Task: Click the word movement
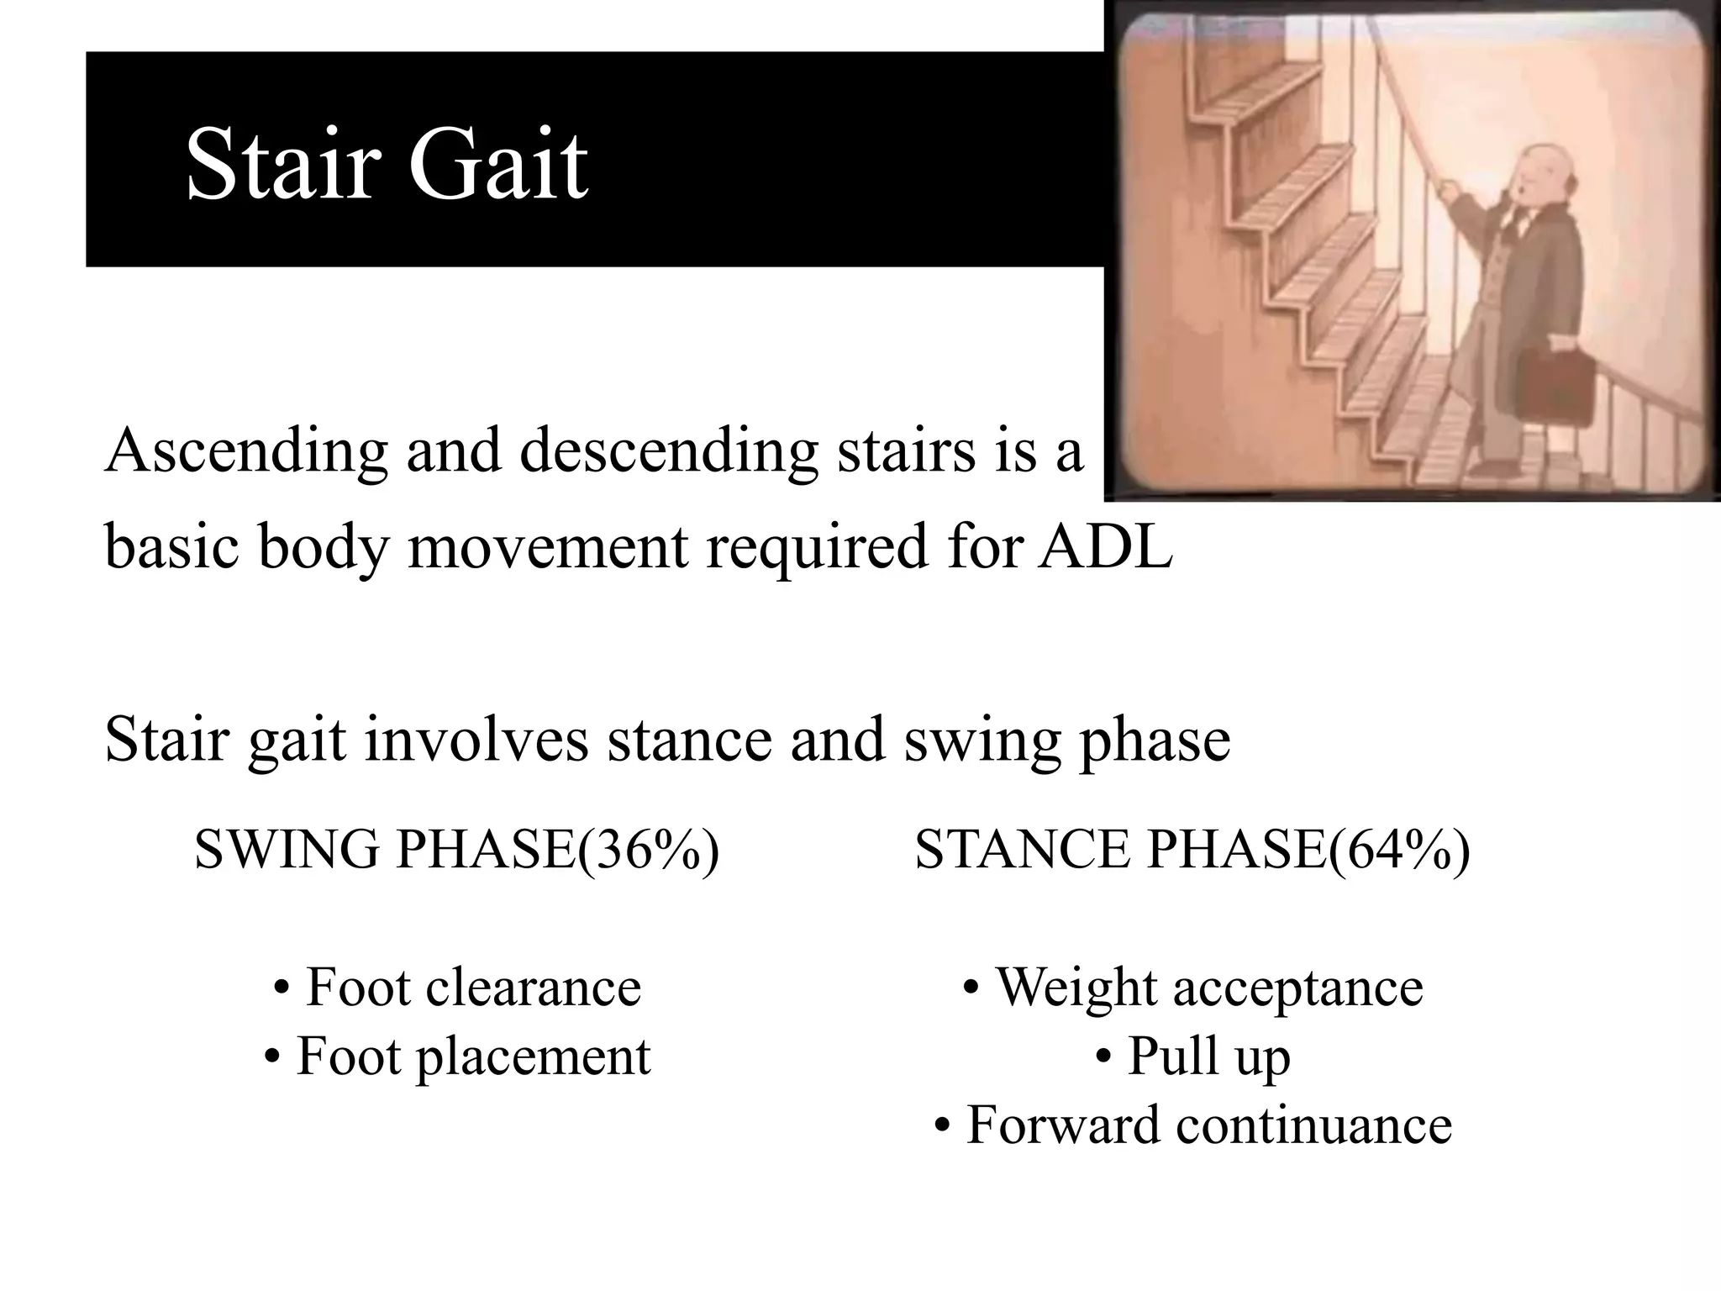point(547,546)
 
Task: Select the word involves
point(476,740)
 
